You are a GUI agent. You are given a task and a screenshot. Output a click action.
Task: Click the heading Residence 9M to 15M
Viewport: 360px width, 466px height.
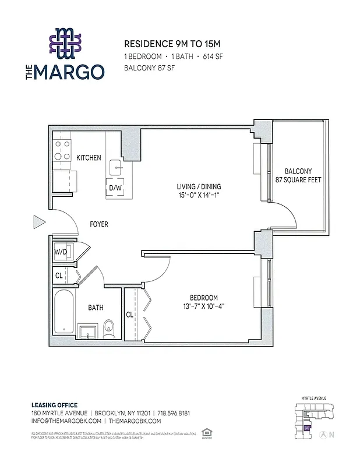(x=164, y=44)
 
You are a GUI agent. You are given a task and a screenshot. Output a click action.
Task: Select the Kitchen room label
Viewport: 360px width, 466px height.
(x=89, y=158)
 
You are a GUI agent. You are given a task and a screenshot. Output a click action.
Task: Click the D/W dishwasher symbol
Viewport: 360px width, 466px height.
(x=115, y=188)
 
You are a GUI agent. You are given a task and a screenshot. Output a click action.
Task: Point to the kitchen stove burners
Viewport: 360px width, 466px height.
(x=62, y=150)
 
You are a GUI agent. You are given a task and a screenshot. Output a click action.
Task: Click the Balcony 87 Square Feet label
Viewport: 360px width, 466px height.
(x=298, y=175)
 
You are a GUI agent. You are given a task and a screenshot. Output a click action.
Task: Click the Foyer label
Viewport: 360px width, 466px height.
(x=98, y=224)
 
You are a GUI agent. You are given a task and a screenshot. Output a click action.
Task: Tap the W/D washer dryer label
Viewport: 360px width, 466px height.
(x=61, y=252)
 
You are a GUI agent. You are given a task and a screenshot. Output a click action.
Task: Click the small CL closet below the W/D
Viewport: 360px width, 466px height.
(x=59, y=276)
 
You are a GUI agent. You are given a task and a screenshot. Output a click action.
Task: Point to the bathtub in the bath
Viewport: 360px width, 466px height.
(x=62, y=313)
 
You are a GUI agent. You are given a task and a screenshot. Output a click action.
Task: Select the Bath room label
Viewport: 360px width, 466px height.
(x=96, y=308)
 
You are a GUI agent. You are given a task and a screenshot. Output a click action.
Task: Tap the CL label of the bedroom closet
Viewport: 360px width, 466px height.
(x=129, y=315)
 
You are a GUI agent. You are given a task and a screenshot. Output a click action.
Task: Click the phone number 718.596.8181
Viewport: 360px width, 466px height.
(x=173, y=413)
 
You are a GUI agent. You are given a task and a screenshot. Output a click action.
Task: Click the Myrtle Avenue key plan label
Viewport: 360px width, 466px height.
(x=313, y=398)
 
